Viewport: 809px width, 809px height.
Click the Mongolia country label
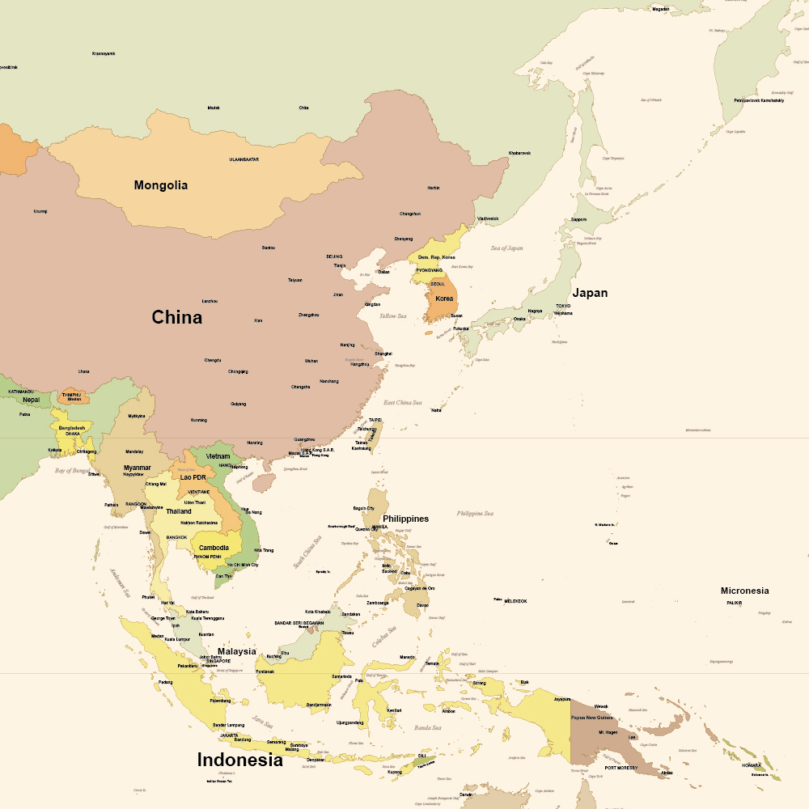click(x=160, y=185)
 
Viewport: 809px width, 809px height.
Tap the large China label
click(x=176, y=317)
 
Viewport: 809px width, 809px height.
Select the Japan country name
click(x=590, y=293)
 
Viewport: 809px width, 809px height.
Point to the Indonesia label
click(x=240, y=760)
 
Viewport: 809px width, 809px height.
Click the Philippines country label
click(x=405, y=519)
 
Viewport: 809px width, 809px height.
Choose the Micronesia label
click(x=744, y=591)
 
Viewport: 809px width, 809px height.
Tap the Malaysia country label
click(x=236, y=651)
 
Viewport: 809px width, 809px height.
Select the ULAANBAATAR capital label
click(x=244, y=159)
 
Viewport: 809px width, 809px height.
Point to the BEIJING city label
click(x=334, y=256)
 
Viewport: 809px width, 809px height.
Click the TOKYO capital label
click(x=563, y=306)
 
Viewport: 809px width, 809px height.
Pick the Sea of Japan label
click(x=506, y=248)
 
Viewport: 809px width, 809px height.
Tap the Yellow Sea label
click(x=393, y=316)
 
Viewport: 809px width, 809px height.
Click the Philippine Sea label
click(x=475, y=513)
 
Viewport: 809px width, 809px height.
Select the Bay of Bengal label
click(x=72, y=470)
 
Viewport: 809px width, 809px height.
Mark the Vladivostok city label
click(x=488, y=218)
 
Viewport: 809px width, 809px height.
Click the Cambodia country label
click(x=214, y=548)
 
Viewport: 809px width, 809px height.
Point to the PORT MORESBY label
click(x=621, y=767)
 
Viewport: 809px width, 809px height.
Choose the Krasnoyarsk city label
click(x=104, y=53)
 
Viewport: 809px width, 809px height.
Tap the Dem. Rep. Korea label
click(x=436, y=257)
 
